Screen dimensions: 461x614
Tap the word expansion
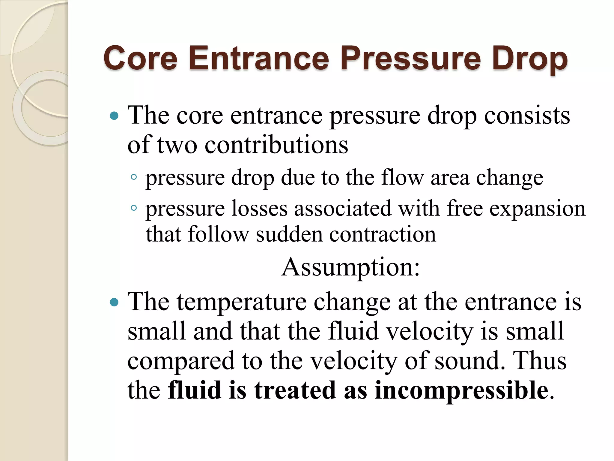[537, 209]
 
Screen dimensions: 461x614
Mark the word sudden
[289, 234]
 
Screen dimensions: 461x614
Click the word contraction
[383, 234]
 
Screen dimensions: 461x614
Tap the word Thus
[540, 360]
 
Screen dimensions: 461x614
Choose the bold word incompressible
[461, 391]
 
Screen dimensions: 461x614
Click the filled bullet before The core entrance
[114, 116]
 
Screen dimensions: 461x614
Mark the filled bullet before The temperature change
[114, 302]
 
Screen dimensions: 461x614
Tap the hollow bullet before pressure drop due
[134, 177]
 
